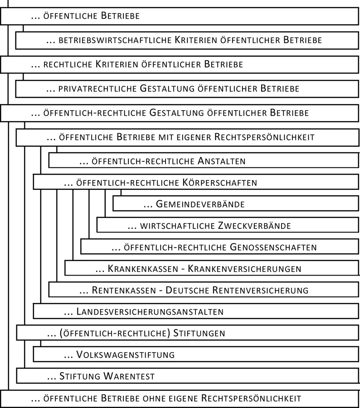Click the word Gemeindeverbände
[x=200, y=204]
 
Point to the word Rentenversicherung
[x=262, y=290]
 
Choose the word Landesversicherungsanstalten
[x=150, y=312]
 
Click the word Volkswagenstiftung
[x=126, y=355]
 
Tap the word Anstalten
[x=222, y=161]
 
